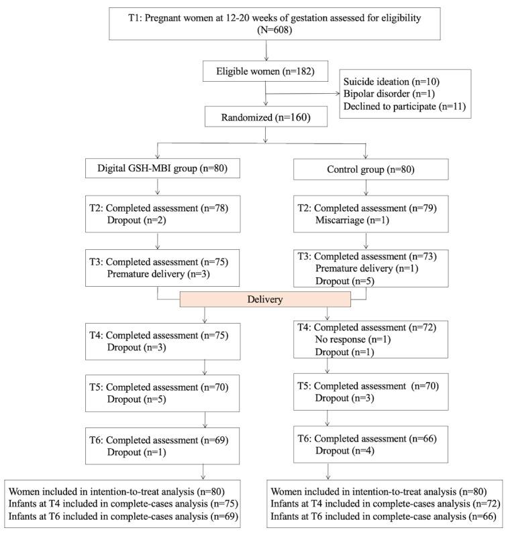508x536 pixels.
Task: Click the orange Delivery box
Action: tap(264, 299)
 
